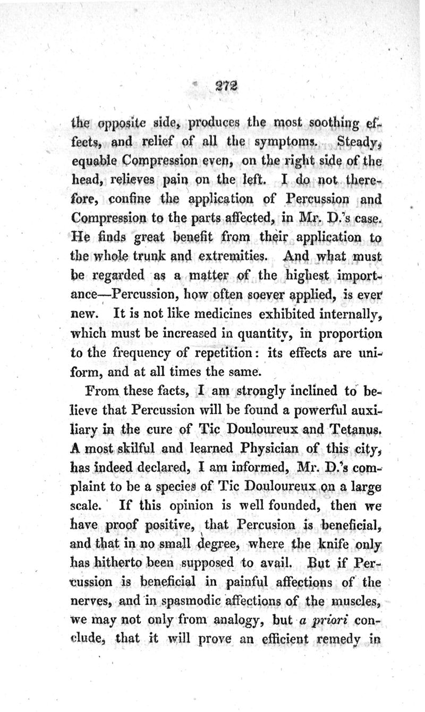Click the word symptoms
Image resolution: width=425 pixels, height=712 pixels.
[287, 144]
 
